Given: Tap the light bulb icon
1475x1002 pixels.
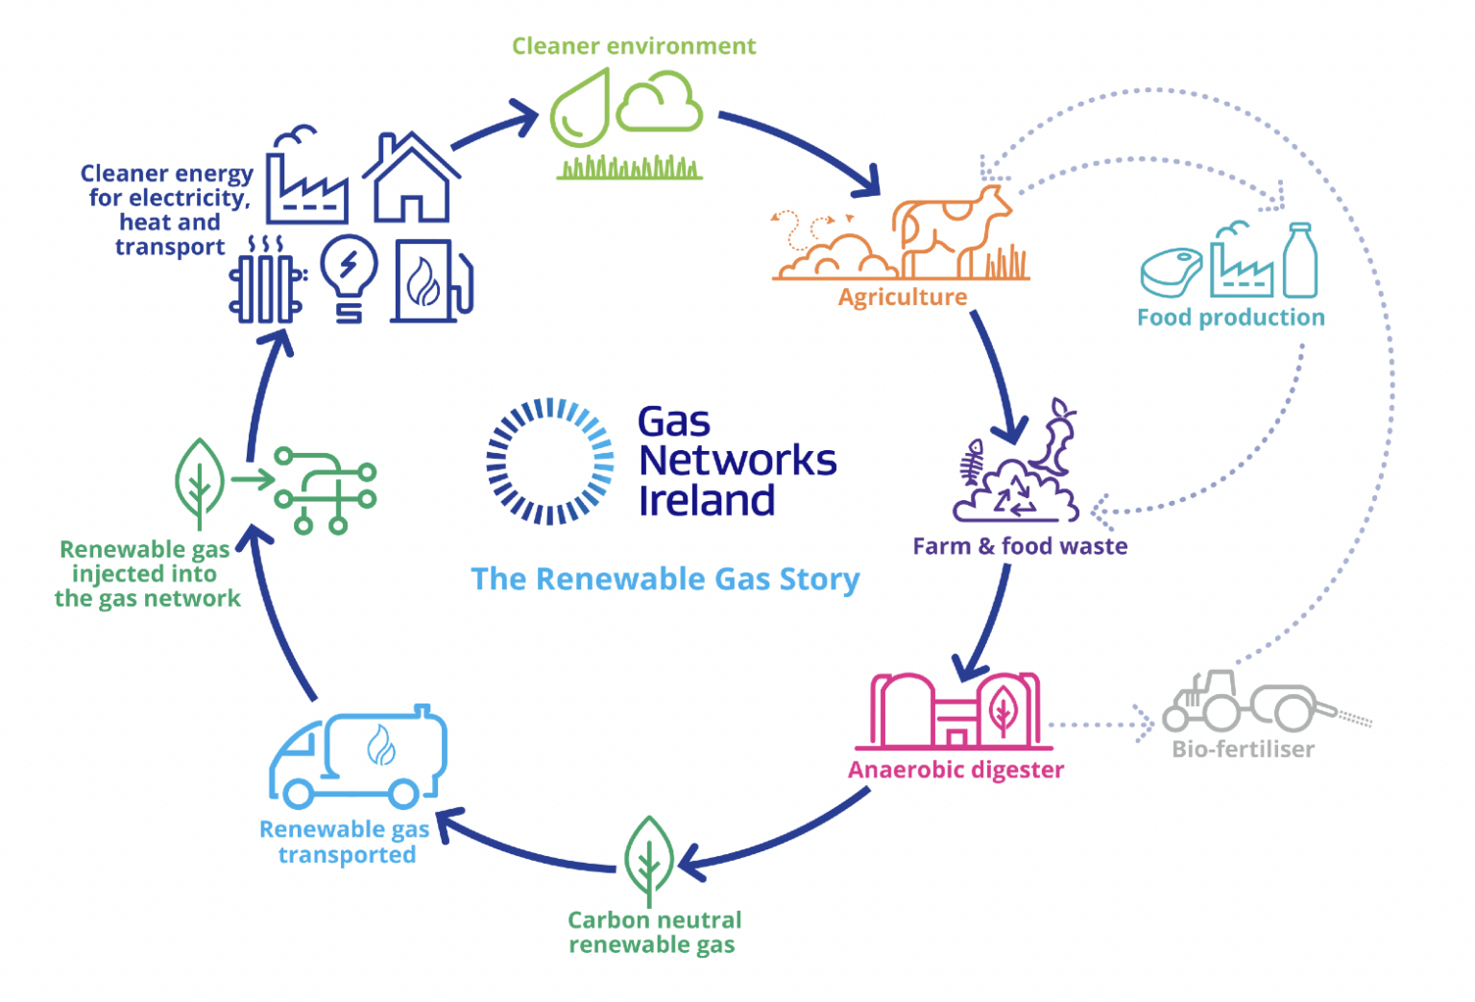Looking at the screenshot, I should point(348,274).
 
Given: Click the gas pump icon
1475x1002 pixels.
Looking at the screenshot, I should point(431,281).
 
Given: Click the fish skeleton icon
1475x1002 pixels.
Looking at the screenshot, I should point(973,465).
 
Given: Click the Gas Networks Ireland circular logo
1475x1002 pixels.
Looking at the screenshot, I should point(549,462).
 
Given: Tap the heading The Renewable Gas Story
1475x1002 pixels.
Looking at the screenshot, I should point(665,579).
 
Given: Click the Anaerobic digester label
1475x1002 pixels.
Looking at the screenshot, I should point(955,770).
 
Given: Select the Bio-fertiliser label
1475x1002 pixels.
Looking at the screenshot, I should point(1243,749).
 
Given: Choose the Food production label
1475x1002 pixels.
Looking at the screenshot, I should point(1230,318).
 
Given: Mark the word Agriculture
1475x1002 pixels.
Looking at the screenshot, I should point(902,298).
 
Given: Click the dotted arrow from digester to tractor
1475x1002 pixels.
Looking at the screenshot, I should point(1100,725).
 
